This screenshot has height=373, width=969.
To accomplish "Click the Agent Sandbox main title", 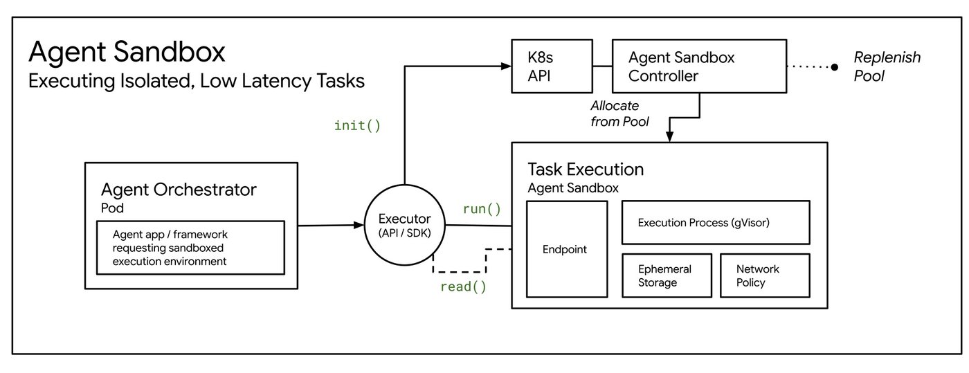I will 127,53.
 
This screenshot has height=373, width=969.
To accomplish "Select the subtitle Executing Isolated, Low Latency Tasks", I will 196,81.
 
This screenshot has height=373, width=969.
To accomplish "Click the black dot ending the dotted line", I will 834,67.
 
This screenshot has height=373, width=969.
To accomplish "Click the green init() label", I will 357,126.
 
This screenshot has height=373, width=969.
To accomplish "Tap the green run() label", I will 482,208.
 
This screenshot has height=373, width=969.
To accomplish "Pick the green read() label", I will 463,286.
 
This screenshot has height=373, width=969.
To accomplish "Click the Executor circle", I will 405,226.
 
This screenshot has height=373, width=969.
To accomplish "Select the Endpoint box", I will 567,249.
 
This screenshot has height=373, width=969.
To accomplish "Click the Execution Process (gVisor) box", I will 716,223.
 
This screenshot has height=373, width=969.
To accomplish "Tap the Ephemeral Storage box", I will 665,275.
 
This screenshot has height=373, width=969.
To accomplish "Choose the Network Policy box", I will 764,275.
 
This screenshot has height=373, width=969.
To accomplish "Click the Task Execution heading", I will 586,170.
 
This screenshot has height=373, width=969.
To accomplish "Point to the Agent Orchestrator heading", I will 179,190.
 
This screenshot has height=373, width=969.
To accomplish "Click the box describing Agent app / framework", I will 190,247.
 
